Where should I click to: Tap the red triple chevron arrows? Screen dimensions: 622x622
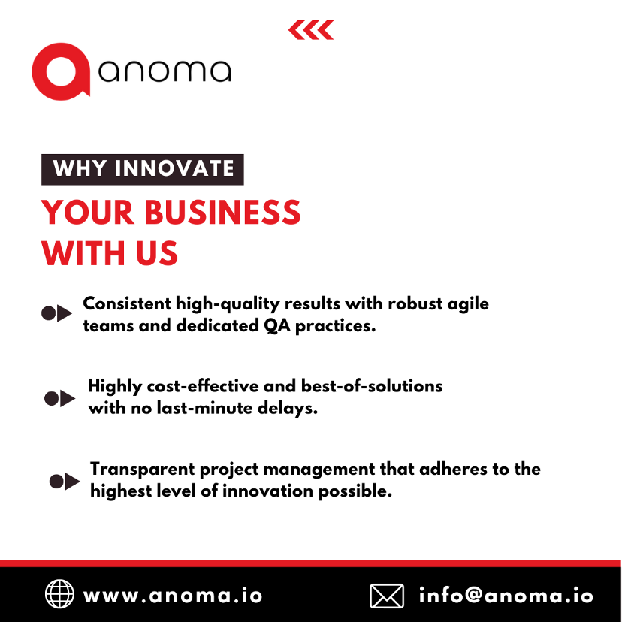pyautogui.click(x=311, y=30)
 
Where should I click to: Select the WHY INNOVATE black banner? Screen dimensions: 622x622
pyautogui.click(x=143, y=168)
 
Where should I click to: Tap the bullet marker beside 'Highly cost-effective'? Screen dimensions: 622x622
pyautogui.click(x=60, y=398)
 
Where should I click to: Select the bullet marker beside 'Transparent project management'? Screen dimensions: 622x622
pyautogui.click(x=64, y=481)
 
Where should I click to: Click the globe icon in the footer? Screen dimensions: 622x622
pyautogui.click(x=59, y=595)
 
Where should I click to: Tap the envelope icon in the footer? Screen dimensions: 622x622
pyautogui.click(x=387, y=596)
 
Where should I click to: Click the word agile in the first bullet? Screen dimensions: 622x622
pyautogui.click(x=466, y=304)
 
